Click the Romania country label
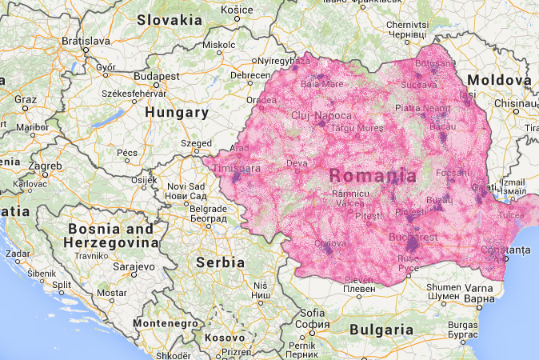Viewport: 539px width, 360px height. (373, 176)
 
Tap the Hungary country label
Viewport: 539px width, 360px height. (176, 113)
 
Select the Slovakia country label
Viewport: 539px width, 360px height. (169, 19)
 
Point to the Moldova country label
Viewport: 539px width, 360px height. (499, 81)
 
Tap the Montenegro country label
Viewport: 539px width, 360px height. (165, 322)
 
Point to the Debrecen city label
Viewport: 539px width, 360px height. (250, 75)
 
